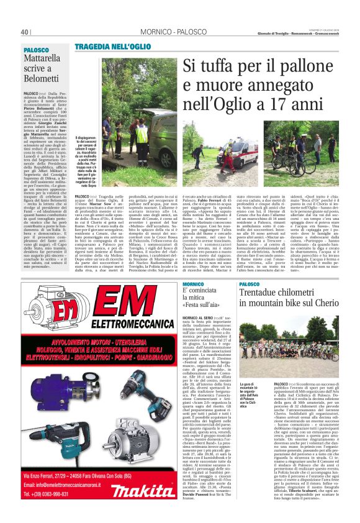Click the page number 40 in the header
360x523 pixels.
point(25,32)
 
